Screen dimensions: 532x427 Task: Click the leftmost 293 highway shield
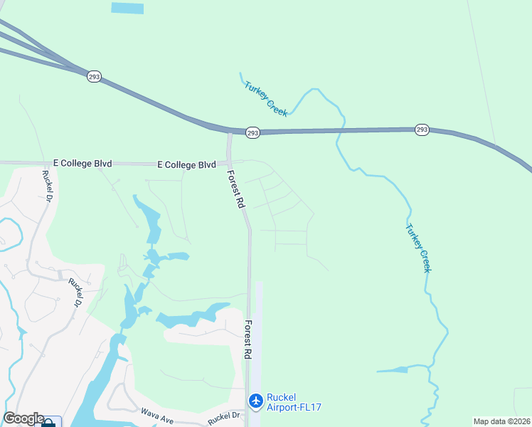click(x=94, y=75)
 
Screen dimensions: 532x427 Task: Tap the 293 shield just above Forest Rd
click(x=252, y=132)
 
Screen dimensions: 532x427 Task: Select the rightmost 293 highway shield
click(x=422, y=130)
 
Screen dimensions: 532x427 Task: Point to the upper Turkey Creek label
click(x=265, y=98)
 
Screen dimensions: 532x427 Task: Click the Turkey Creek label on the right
click(x=418, y=248)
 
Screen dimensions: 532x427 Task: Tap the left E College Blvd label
click(x=83, y=163)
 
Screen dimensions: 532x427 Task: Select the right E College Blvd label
click(x=186, y=164)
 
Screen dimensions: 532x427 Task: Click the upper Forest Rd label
click(x=236, y=188)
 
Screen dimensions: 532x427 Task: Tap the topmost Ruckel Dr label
click(x=49, y=186)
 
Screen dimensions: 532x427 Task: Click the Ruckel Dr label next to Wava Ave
click(x=225, y=418)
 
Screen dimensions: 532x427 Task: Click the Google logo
click(x=23, y=418)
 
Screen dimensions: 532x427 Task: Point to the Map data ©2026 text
click(x=501, y=421)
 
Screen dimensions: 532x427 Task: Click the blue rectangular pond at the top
click(x=127, y=8)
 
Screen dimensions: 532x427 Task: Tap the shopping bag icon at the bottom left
click(x=48, y=422)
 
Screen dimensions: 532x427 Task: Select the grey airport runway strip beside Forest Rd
click(x=257, y=342)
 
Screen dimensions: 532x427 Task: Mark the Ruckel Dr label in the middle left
click(x=75, y=291)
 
